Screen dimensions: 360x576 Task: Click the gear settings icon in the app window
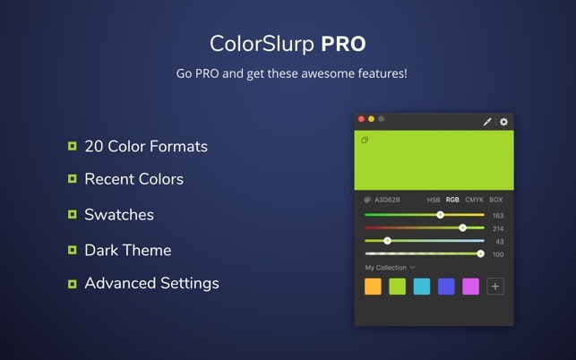click(x=503, y=122)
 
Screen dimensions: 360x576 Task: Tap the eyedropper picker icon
click(x=488, y=122)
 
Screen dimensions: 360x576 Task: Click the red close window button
click(x=362, y=119)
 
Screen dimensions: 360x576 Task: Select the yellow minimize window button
click(x=372, y=119)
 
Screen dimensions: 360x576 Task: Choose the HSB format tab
click(x=434, y=200)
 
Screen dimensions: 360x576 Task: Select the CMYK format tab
click(x=474, y=200)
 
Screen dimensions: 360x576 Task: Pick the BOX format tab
click(x=496, y=200)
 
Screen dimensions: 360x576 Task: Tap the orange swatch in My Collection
click(x=373, y=287)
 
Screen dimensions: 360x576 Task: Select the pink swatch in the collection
click(x=470, y=287)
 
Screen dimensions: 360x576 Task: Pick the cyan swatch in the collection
click(x=422, y=287)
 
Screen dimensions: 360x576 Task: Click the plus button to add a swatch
click(x=495, y=287)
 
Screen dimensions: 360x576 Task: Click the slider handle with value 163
click(x=440, y=215)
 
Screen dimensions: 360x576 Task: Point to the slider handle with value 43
click(x=387, y=241)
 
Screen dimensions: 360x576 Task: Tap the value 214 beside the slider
click(x=498, y=228)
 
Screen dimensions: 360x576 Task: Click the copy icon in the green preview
click(x=365, y=140)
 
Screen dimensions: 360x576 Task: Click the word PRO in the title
click(x=343, y=43)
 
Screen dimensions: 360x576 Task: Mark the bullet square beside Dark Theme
click(x=72, y=250)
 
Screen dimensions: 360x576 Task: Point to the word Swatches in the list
click(x=119, y=215)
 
